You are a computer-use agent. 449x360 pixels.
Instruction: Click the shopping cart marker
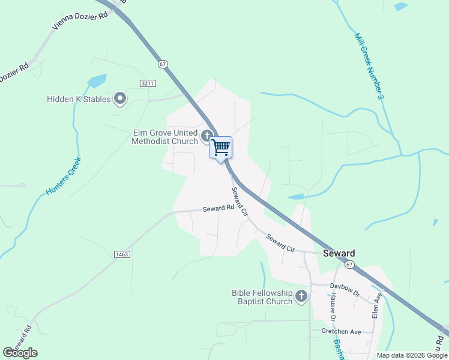(220, 147)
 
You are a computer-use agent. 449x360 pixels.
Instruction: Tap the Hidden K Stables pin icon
(120, 98)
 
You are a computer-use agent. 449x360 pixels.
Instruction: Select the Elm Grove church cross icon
(207, 136)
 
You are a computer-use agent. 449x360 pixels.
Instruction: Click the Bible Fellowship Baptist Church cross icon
(301, 296)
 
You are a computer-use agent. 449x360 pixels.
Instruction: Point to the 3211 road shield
(147, 83)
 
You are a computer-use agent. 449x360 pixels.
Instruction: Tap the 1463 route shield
(122, 254)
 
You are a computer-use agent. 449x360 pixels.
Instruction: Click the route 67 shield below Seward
(350, 264)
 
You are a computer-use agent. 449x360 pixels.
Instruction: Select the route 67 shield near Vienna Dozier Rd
(163, 64)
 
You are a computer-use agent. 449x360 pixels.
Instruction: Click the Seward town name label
(339, 253)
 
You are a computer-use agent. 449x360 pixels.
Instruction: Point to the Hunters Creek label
(63, 176)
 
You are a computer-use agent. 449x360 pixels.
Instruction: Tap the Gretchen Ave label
(340, 331)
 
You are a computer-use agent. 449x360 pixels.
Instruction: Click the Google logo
(20, 353)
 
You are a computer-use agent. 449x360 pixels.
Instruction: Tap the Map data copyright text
(411, 355)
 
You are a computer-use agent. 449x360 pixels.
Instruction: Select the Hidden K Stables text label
(79, 99)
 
